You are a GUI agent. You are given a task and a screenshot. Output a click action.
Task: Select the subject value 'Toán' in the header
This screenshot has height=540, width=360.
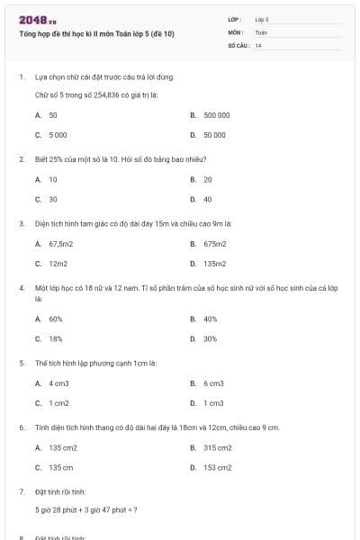pos(261,32)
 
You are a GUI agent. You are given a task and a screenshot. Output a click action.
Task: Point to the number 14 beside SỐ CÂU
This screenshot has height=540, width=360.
pos(258,45)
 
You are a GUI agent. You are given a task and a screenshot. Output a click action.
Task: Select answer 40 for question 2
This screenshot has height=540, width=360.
pos(207,199)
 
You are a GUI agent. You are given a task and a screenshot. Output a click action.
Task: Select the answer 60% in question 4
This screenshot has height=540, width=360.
pos(55,319)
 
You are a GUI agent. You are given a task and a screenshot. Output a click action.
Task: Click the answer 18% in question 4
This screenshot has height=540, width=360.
pos(55,338)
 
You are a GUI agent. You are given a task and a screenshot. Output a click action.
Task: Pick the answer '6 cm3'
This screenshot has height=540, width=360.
pos(213,383)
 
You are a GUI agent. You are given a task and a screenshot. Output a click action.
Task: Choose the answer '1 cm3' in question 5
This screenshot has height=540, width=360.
pos(213,403)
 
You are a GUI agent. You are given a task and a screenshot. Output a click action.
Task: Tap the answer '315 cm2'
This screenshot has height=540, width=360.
pos(217,447)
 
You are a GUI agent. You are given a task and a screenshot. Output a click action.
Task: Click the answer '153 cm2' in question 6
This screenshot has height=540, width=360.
pos(217,467)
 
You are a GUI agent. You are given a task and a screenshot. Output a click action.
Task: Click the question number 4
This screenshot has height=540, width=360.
pos(21,288)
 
